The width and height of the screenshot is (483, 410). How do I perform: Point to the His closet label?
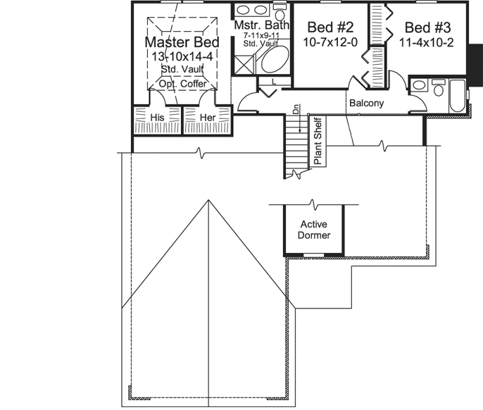point(158,116)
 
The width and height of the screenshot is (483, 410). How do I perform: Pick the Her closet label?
point(208,116)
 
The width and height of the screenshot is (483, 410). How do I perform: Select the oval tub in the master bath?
point(272,62)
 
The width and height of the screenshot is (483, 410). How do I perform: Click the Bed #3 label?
point(427,27)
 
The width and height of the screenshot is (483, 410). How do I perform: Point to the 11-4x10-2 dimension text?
point(427,43)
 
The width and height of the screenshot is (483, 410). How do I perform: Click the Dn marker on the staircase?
point(298,111)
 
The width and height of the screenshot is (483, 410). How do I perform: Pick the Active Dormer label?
point(314,230)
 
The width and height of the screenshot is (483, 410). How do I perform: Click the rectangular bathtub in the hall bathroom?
point(457,97)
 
